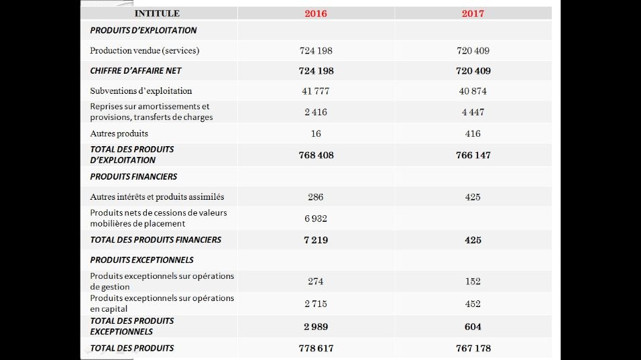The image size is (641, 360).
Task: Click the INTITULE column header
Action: pos(157,13)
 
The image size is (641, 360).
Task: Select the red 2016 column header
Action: pos(316,13)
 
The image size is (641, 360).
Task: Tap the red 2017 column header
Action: pos(473,13)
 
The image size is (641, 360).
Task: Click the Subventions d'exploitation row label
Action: pos(141,91)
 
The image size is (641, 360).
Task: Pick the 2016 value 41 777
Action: pos(316,91)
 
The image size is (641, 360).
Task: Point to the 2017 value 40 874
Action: pos(473,91)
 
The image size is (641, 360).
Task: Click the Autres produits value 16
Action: pos(316,133)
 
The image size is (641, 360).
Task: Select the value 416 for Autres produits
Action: pos(473,133)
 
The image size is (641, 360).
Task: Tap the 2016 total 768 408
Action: pos(316,156)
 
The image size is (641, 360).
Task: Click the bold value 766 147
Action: pos(473,156)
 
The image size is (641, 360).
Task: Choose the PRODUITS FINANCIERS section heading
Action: pos(133,176)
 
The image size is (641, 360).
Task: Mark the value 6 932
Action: pos(316,219)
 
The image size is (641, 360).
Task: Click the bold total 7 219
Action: pos(316,240)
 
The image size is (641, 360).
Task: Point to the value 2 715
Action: pos(316,304)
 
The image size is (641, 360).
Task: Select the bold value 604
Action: pos(473,326)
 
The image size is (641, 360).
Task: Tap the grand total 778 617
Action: pos(316,348)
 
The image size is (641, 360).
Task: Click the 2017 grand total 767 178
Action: pos(473,348)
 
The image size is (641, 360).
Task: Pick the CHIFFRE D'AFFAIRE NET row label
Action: pos(135,70)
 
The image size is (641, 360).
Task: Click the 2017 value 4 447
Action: pos(473,112)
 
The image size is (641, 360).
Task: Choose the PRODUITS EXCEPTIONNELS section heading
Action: pos(142,260)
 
